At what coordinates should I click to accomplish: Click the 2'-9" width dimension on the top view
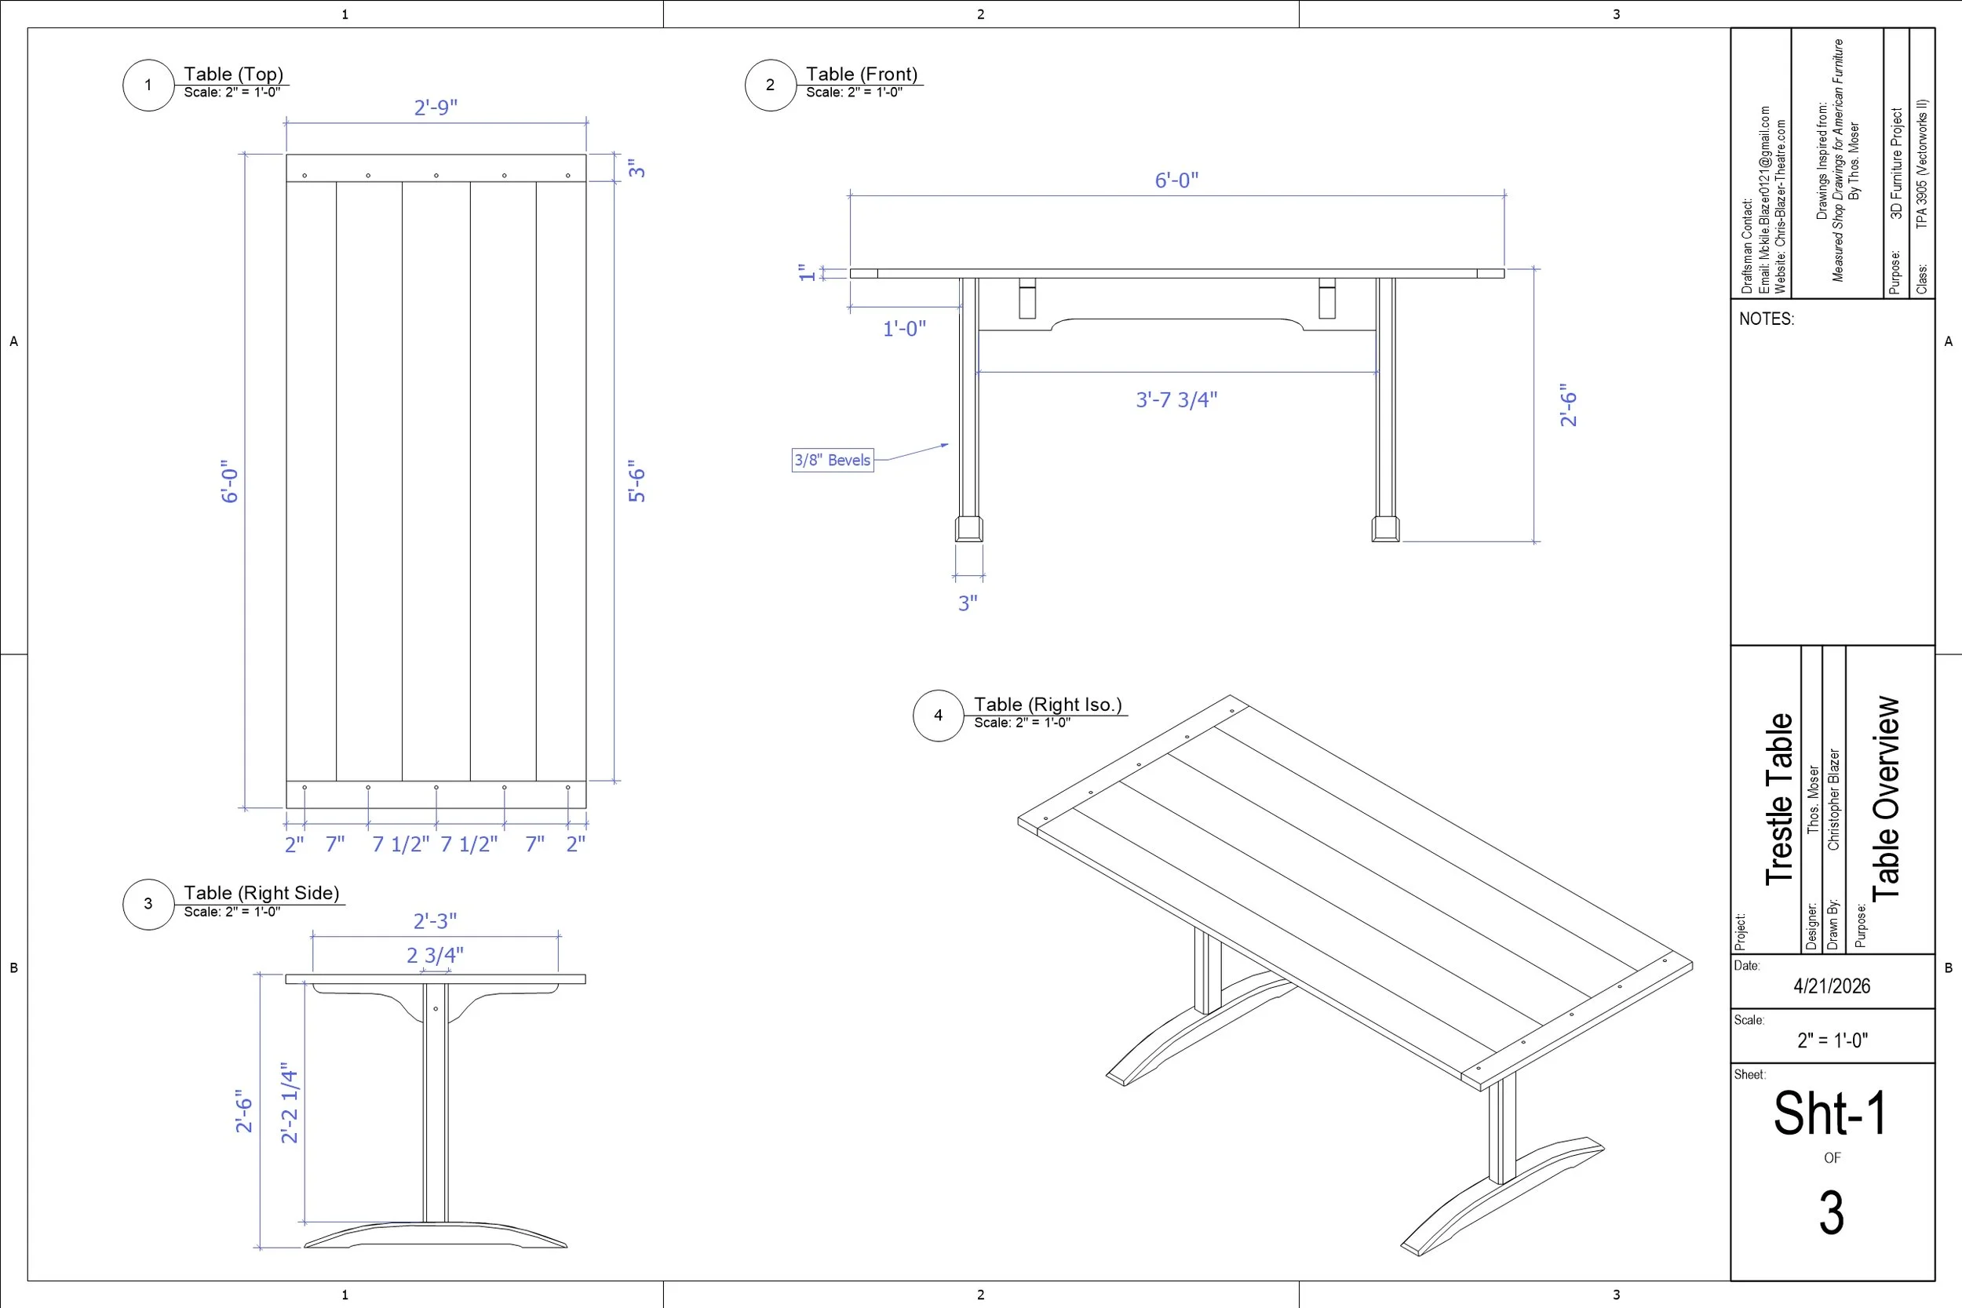click(436, 107)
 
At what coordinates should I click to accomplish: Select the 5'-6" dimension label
click(637, 481)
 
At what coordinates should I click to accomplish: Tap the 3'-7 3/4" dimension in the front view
click(1176, 399)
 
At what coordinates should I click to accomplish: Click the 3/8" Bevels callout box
click(833, 460)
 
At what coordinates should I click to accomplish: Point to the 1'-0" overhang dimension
click(904, 329)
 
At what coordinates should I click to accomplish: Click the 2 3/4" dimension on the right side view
click(435, 955)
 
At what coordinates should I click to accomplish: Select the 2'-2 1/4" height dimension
click(290, 1102)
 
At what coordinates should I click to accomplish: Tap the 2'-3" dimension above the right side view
click(435, 921)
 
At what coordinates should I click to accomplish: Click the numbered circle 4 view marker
click(939, 715)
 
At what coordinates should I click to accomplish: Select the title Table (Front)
click(861, 75)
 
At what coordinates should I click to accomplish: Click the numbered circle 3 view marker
click(148, 903)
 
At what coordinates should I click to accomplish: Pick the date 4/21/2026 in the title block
click(1832, 986)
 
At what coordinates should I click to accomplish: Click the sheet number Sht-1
click(1830, 1113)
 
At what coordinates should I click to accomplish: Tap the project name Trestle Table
click(1778, 798)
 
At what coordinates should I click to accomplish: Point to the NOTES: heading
click(1766, 319)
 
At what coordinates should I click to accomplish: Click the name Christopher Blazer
click(1833, 799)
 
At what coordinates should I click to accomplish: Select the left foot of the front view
click(968, 529)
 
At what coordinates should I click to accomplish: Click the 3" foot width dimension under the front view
click(968, 603)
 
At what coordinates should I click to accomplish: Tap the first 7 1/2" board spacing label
click(400, 844)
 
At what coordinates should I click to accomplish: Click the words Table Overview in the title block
click(1886, 797)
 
